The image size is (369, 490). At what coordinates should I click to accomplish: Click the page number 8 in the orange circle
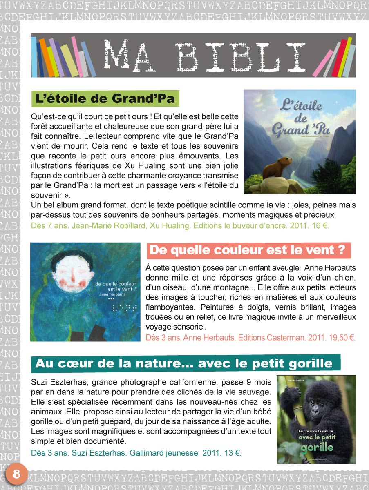pos(16,474)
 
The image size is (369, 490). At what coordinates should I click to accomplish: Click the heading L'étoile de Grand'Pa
pos(105,99)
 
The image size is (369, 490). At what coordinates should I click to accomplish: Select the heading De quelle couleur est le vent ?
pos(248,250)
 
